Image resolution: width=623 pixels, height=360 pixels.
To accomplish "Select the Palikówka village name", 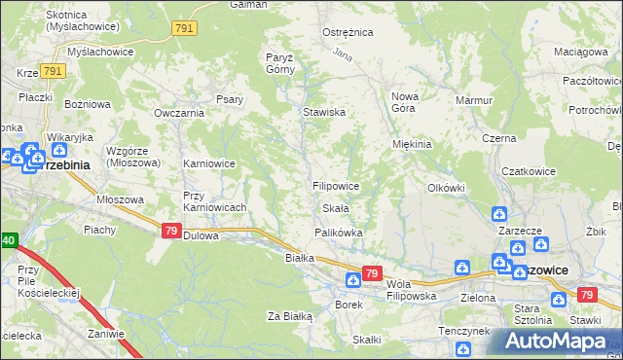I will tap(338, 234).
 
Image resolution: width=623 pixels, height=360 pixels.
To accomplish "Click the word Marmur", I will tap(474, 100).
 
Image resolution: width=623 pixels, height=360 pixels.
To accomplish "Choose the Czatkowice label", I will tap(528, 171).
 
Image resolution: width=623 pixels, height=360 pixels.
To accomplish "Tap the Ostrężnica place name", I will tap(348, 32).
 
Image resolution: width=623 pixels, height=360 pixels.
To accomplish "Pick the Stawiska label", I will tap(324, 113).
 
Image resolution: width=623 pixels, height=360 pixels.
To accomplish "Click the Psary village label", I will tap(230, 98).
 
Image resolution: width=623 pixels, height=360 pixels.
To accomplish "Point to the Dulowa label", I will tap(202, 234).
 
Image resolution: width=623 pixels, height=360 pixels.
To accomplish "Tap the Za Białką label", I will tap(289, 316).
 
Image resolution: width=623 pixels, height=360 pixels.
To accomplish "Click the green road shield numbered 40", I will tap(8, 240).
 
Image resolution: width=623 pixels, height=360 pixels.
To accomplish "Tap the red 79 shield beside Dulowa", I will tap(170, 230).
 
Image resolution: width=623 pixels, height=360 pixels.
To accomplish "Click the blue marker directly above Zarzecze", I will tap(498, 213).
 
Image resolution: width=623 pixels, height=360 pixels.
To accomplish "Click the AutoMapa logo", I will tap(559, 342).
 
